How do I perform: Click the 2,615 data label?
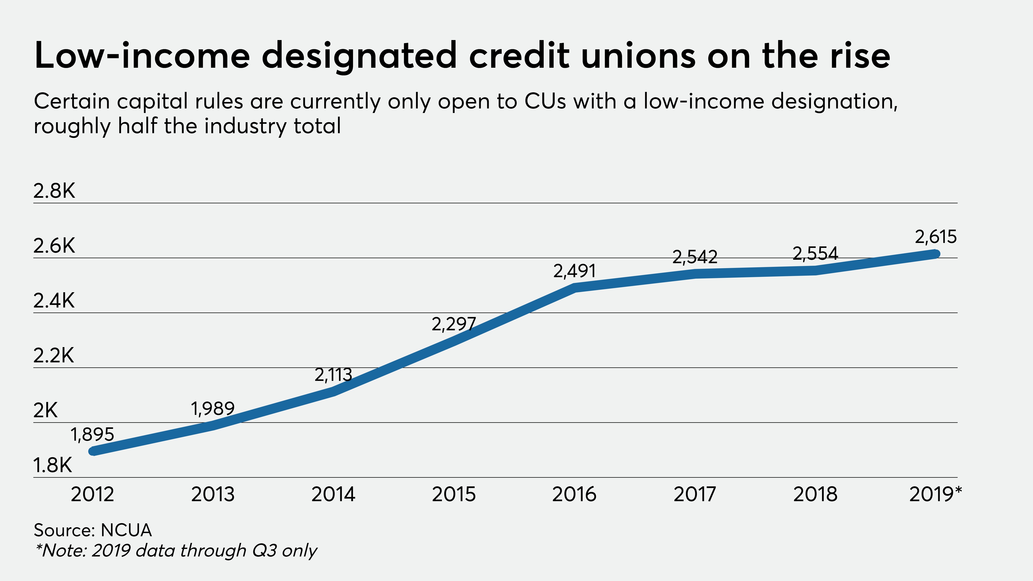[x=936, y=237]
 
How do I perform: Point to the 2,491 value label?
[x=574, y=271]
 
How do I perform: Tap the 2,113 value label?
[x=333, y=375]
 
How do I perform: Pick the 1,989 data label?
[x=213, y=409]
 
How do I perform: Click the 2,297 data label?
[x=453, y=324]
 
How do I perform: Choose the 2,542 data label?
[x=694, y=257]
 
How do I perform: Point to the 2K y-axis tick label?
[x=45, y=411]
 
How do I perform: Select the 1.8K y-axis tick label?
[x=53, y=465]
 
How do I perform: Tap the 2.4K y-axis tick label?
[x=54, y=301]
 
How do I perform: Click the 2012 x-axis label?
[x=92, y=494]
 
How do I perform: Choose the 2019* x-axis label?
[x=935, y=494]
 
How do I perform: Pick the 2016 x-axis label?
[x=574, y=494]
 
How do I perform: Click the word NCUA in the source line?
[x=126, y=530]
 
